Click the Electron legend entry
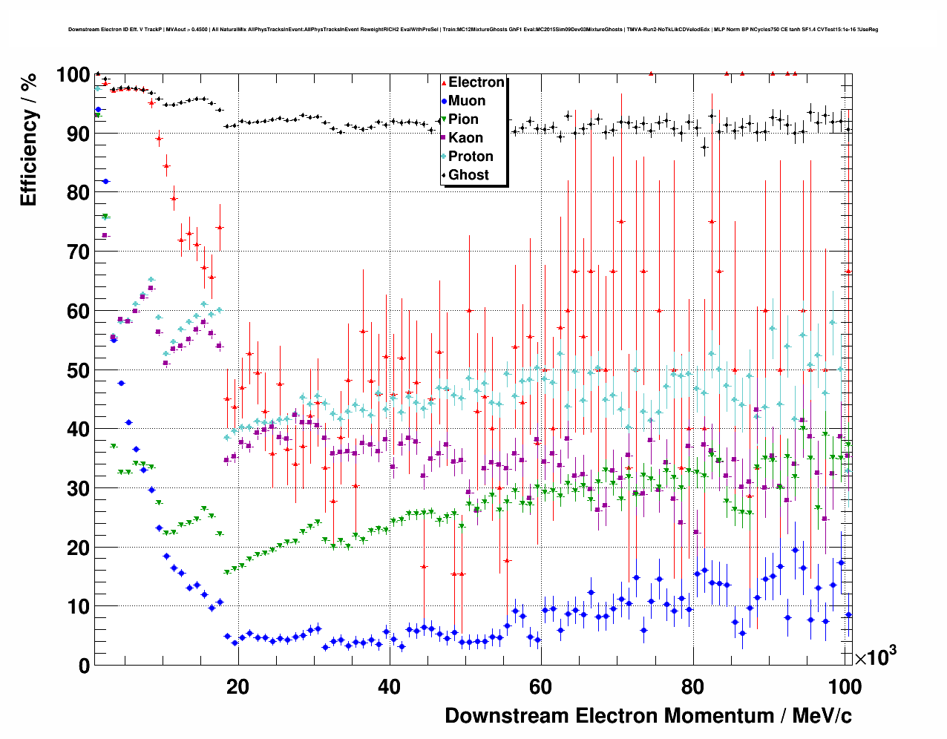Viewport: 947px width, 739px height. (476, 82)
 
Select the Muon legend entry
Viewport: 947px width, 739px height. (467, 101)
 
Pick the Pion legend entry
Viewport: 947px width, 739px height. (463, 119)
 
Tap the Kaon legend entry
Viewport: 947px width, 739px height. (465, 138)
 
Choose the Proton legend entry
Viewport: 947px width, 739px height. (471, 157)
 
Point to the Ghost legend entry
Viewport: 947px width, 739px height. (468, 175)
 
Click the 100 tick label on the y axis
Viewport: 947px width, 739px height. (73, 75)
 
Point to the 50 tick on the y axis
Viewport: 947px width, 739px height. (78, 370)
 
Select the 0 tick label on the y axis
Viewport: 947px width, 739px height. (84, 666)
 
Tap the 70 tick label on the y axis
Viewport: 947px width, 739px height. (78, 252)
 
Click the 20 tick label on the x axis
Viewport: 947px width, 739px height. (237, 687)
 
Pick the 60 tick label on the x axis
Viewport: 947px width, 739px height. (540, 687)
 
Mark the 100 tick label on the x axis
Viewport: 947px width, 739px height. (845, 687)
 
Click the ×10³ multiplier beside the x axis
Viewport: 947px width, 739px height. (875, 656)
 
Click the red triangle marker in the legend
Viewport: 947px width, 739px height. (444, 83)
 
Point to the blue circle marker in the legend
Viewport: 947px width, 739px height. (444, 101)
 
